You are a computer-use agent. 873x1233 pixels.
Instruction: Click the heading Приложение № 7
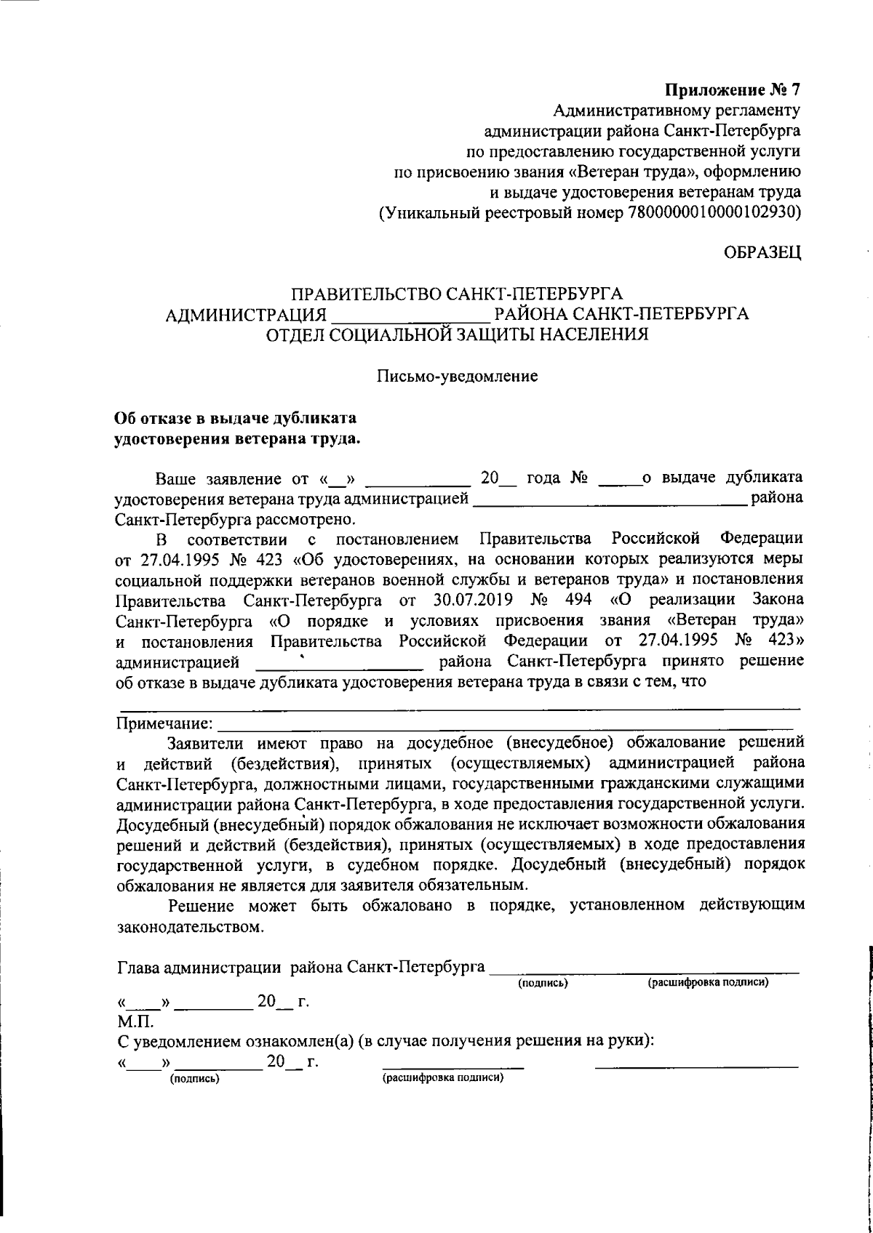tap(733, 91)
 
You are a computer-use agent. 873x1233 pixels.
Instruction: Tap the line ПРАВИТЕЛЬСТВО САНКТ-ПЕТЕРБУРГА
tap(457, 294)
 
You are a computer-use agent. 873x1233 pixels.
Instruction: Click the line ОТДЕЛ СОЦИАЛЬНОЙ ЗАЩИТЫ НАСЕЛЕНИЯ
tap(457, 336)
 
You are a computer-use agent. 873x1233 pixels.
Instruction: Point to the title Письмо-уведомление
tap(457, 377)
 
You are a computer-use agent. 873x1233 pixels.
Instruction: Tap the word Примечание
tap(164, 724)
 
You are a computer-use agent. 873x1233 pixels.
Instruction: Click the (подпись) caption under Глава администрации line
tap(542, 984)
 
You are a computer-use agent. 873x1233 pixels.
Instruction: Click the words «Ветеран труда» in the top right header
tap(619, 172)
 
